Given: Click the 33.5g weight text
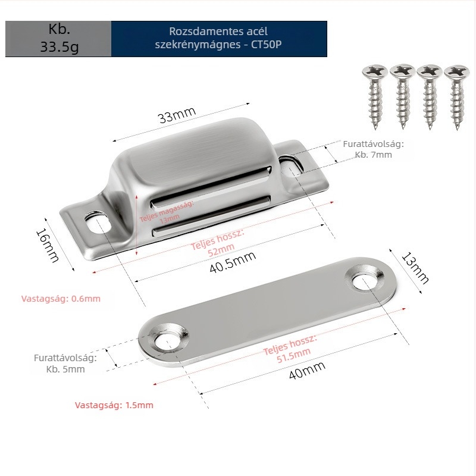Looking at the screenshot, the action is point(59,47).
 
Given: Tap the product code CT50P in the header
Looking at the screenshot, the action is point(266,44).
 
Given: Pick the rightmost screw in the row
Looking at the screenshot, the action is point(456,97).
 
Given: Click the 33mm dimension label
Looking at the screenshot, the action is point(177,115).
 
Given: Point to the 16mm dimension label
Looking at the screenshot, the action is point(48,245).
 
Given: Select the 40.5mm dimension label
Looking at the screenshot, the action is point(233,262).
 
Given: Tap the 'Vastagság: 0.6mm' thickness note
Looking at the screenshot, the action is point(61,299).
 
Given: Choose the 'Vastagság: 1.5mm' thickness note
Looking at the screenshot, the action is point(114,405).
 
